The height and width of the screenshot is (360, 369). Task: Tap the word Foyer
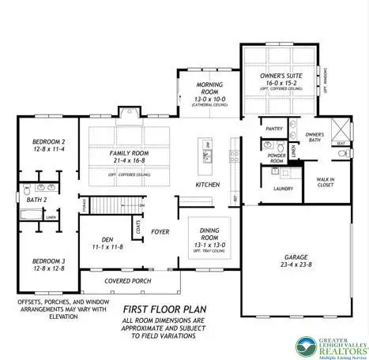tap(160, 232)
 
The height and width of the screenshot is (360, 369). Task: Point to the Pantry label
tap(274, 128)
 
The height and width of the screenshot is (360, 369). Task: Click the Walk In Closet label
tap(325, 179)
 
